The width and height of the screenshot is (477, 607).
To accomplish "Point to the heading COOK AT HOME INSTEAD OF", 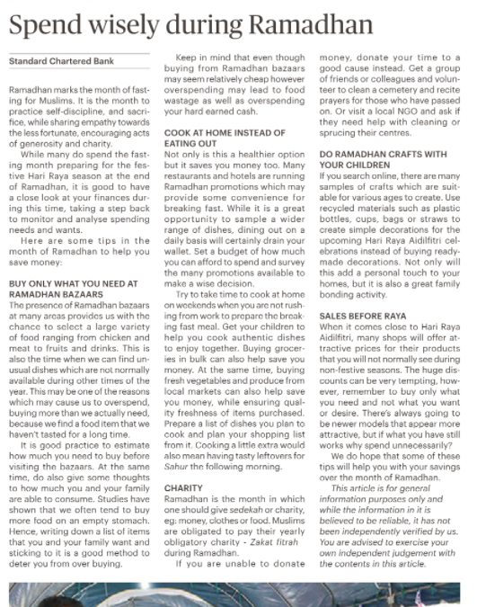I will pos(224,131).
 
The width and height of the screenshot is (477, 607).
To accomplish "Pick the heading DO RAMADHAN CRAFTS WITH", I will pos(383,155).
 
